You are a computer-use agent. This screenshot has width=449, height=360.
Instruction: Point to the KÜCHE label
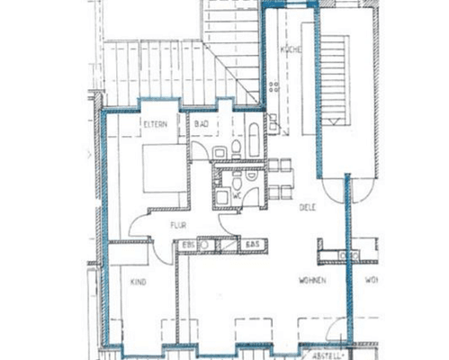(x=289, y=49)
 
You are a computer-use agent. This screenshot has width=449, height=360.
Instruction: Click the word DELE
(x=307, y=207)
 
